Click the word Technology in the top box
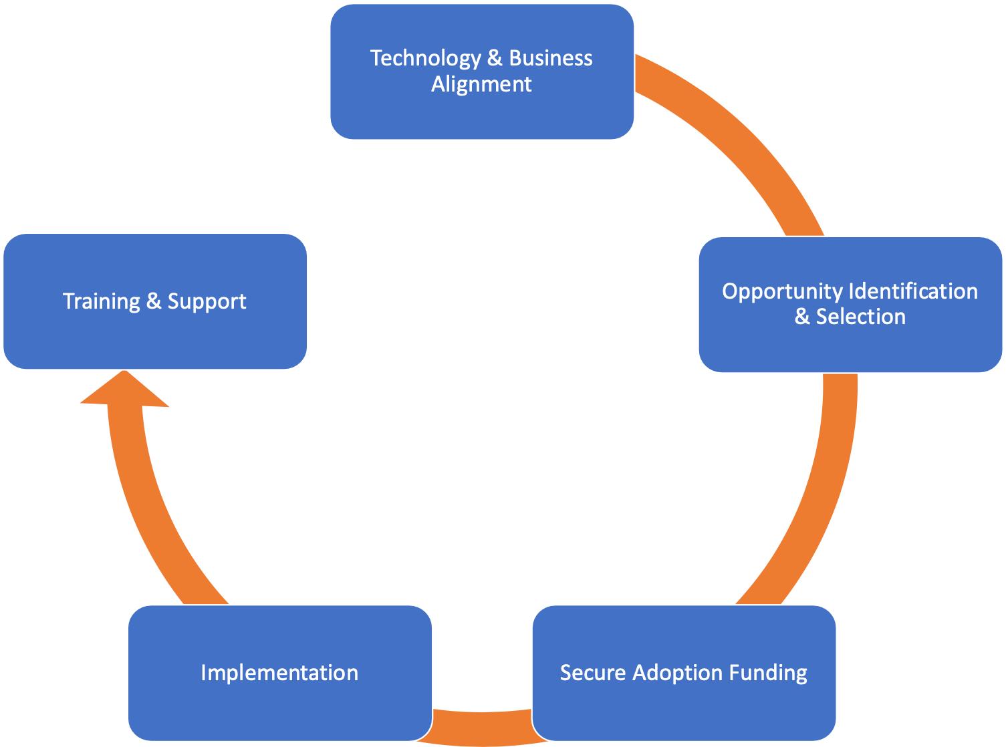click(x=425, y=58)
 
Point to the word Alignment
click(x=481, y=84)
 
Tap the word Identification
click(x=913, y=291)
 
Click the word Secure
click(x=593, y=673)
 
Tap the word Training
click(x=101, y=301)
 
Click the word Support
click(x=207, y=301)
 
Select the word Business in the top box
click(x=550, y=58)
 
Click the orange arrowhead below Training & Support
click(x=124, y=392)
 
